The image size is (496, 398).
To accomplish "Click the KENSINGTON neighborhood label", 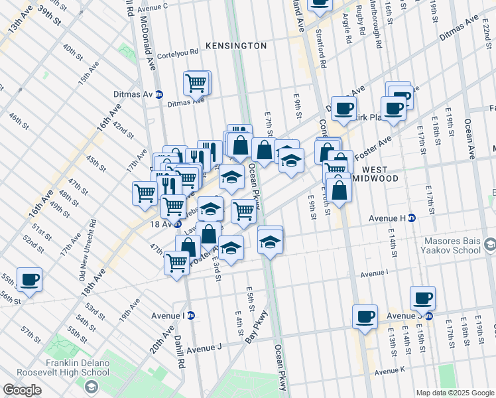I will (236, 46).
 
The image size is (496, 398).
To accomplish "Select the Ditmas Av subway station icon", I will (159, 94).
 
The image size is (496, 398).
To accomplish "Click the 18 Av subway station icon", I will (178, 224).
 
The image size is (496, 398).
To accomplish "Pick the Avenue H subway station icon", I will (412, 218).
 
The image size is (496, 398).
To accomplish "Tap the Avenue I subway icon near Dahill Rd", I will (191, 315).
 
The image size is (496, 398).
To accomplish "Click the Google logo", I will (22, 390).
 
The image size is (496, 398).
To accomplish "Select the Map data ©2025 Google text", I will (454, 393).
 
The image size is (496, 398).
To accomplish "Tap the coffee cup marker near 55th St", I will (29, 280).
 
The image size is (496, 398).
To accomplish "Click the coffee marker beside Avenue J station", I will (422, 298).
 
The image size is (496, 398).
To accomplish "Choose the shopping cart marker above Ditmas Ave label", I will (196, 83).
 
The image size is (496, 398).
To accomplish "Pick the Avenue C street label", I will (154, 7).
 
